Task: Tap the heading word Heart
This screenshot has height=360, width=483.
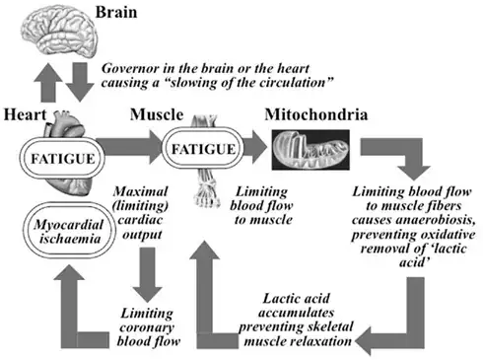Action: (24, 115)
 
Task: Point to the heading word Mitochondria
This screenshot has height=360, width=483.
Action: (317, 115)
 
